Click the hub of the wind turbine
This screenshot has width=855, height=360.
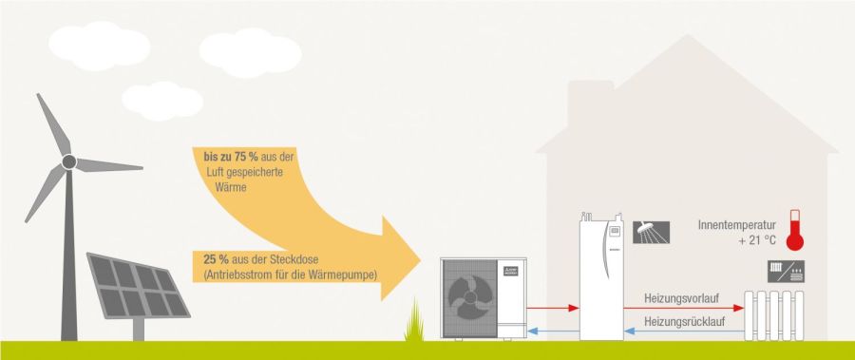[68, 162]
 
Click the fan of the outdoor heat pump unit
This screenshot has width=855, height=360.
[469, 294]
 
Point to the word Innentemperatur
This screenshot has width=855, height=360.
[737, 225]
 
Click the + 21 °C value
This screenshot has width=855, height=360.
[756, 241]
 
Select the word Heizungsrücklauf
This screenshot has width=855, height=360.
[684, 322]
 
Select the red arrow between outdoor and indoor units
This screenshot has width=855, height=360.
[551, 308]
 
